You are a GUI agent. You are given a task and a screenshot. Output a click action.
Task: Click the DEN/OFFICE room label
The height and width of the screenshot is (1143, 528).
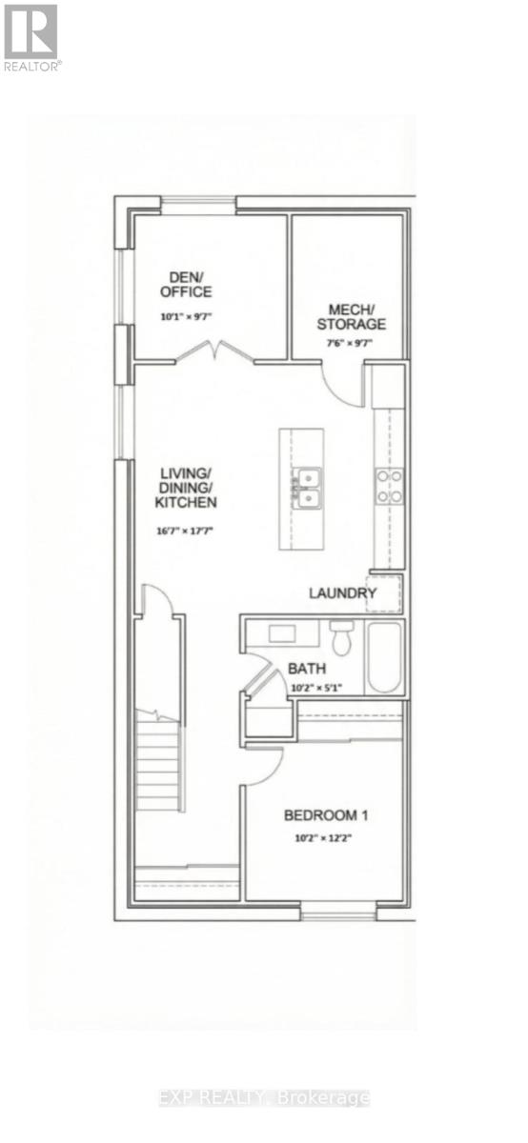coord(186,285)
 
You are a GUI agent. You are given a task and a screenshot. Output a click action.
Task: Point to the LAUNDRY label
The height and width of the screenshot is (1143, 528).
coord(342,593)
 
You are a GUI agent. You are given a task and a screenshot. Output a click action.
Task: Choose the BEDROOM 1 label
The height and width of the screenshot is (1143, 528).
coord(326,815)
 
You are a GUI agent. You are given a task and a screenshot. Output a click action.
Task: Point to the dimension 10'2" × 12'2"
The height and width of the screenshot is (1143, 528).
coord(326,839)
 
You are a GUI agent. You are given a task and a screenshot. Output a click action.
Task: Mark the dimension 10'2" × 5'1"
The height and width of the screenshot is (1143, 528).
coord(314,687)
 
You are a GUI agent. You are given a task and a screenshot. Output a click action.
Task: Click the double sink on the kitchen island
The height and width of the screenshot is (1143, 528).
coord(306,487)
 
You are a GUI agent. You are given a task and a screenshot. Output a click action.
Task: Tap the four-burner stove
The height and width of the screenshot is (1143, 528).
coord(389,486)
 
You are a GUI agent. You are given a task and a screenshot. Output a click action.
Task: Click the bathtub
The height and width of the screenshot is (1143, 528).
coord(385,657)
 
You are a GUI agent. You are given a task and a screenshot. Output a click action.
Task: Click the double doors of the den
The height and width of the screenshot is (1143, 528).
coord(214,353)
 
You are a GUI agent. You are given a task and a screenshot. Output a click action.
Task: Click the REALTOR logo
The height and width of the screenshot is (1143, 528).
coord(30,36)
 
